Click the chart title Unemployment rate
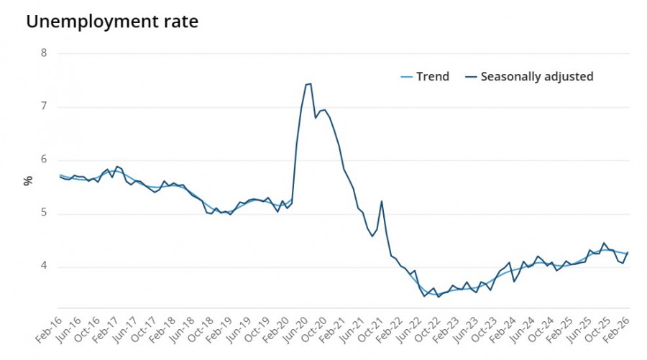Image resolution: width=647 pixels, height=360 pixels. pos(111,22)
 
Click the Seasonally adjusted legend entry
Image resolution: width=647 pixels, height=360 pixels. pos(529,77)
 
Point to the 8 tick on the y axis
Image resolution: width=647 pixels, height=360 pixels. pos(44,53)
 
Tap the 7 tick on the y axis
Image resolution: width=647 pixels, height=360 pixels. pos(44,107)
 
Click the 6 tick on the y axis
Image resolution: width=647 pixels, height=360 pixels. pos(44,160)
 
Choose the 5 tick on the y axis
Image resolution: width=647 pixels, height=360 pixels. pos(44,213)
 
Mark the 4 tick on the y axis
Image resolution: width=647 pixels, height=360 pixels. pos(44,267)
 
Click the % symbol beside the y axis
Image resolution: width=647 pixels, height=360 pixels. pos(28,180)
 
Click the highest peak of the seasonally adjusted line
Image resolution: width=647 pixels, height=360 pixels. pos(310,84)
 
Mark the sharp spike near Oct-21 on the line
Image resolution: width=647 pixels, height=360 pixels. pos(381,201)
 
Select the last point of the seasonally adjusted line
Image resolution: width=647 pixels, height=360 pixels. pos(628,252)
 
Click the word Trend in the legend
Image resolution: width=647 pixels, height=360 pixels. pos(433,77)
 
